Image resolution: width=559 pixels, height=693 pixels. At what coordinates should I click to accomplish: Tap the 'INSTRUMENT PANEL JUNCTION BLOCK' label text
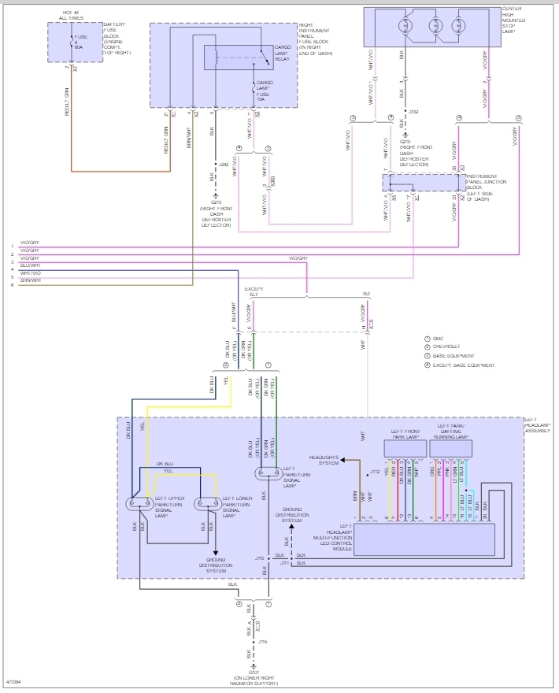point(485,188)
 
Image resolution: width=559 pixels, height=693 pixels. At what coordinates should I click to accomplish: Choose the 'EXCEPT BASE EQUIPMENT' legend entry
point(464,365)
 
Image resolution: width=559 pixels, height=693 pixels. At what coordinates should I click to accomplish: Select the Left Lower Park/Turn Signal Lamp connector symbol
point(209,504)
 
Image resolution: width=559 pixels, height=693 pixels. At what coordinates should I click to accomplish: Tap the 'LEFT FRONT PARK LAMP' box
point(405,448)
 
